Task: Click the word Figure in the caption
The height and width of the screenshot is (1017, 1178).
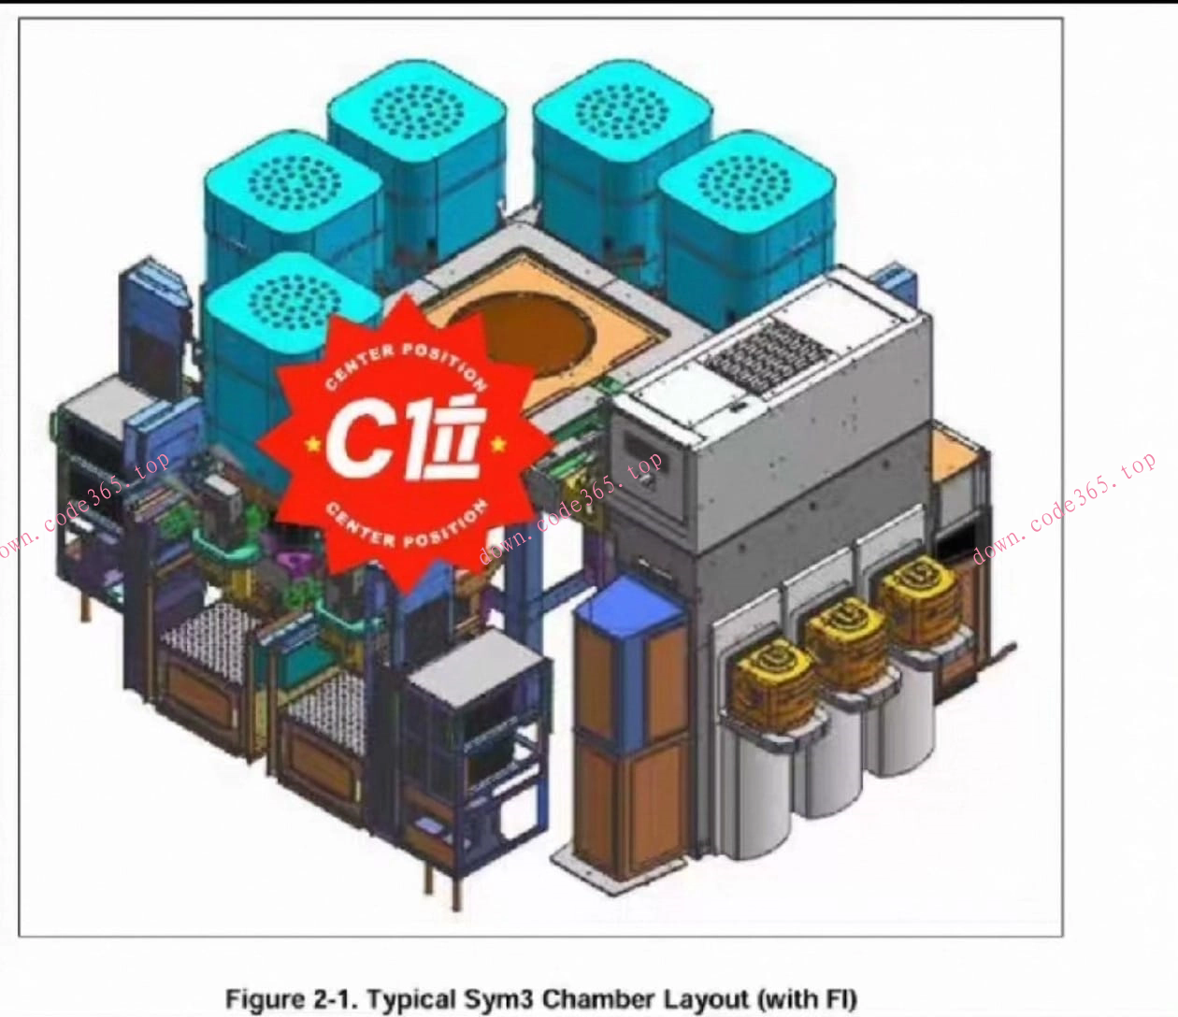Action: point(266,999)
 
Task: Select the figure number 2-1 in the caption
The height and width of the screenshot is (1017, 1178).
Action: point(332,999)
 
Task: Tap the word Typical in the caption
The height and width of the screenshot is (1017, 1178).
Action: point(405,999)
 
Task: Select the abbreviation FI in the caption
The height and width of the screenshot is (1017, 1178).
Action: point(834,999)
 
